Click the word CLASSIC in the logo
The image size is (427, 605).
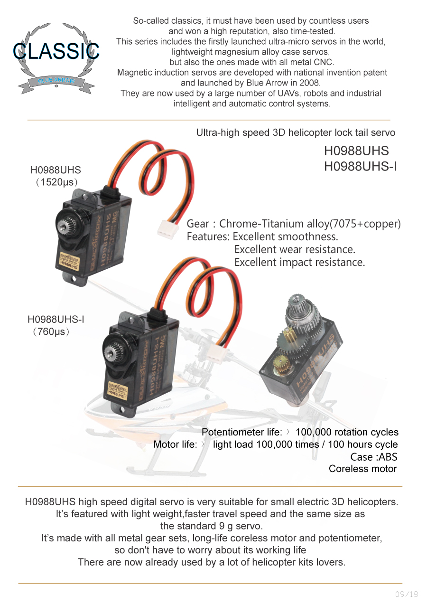56,51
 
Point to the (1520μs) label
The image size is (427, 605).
56,182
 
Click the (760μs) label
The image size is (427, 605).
51,331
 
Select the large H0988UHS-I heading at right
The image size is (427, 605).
360,166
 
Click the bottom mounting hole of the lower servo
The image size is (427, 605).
121,410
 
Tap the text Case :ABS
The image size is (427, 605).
373,457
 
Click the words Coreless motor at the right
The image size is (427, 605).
363,469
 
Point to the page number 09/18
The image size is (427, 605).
407,594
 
